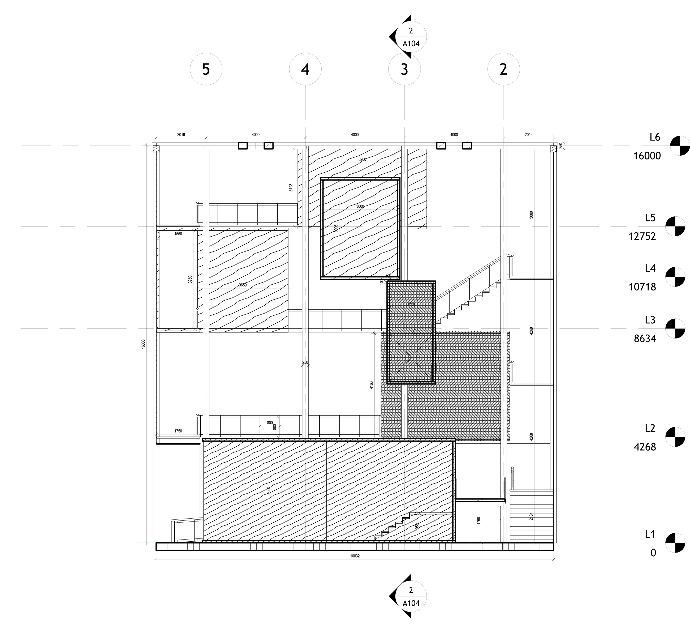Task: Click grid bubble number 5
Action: pyautogui.click(x=206, y=69)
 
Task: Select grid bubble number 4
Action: pyautogui.click(x=305, y=69)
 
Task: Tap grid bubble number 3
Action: pyautogui.click(x=404, y=69)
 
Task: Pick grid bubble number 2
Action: pyautogui.click(x=503, y=69)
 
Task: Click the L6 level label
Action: pyautogui.click(x=655, y=137)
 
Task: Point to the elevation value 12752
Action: pyautogui.click(x=642, y=236)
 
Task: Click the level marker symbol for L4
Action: pyautogui.click(x=675, y=277)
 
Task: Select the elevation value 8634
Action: pyautogui.click(x=645, y=339)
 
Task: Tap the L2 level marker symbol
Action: pyautogui.click(x=675, y=437)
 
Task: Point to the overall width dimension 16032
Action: pyautogui.click(x=355, y=556)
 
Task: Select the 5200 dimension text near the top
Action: pyautogui.click(x=362, y=159)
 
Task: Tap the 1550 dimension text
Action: pyautogui.click(x=178, y=234)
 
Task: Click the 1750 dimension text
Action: pyautogui.click(x=178, y=431)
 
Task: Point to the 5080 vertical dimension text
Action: pyautogui.click(x=531, y=215)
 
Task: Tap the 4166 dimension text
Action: pyautogui.click(x=372, y=385)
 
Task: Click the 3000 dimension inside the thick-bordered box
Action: pyautogui.click(x=360, y=206)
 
